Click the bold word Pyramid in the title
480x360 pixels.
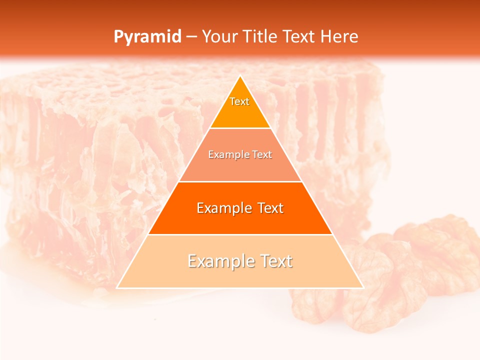(147, 37)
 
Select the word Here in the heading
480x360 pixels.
(339, 36)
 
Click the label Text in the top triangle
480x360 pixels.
(239, 101)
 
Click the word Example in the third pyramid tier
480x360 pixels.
(223, 208)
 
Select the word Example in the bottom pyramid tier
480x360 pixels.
(220, 261)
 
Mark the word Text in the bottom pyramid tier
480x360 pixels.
(275, 261)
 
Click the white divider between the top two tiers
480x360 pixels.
(240, 128)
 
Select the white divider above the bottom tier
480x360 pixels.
(240, 234)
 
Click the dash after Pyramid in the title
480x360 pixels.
(191, 37)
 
